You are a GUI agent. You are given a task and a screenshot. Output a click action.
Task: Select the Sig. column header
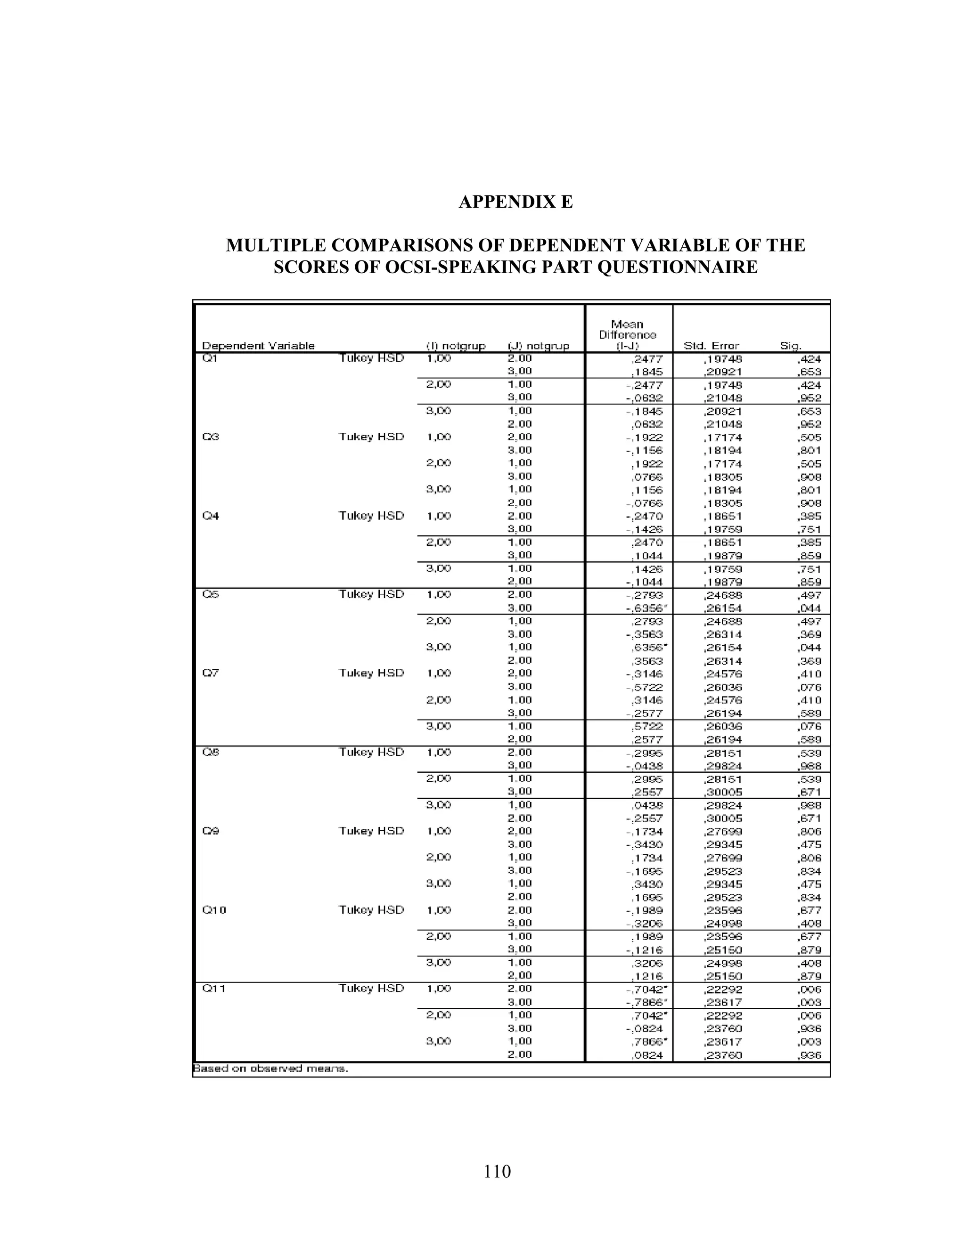click(791, 346)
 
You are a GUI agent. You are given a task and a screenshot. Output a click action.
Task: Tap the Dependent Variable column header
click(258, 346)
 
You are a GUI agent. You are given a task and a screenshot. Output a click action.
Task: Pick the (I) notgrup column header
click(456, 346)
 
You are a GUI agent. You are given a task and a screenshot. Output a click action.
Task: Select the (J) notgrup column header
click(539, 346)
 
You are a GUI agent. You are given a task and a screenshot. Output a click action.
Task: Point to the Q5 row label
click(210, 595)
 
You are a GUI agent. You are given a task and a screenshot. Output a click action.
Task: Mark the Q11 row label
click(214, 989)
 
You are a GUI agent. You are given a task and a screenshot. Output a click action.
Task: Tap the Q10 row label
click(214, 910)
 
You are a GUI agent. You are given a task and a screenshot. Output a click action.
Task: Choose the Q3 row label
click(210, 437)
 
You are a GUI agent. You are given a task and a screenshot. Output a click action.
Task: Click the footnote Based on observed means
click(270, 1068)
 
